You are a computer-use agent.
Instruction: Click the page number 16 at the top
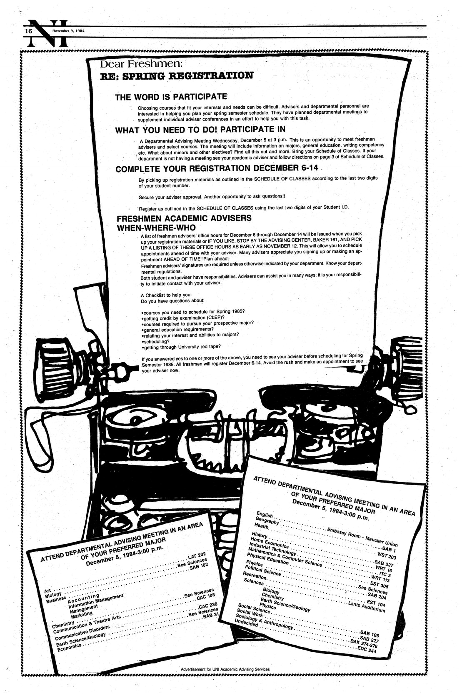tap(28, 31)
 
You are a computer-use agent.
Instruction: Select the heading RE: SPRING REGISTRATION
tap(177, 76)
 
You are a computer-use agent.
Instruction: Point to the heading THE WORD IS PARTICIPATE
tap(170, 97)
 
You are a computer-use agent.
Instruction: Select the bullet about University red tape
tap(180, 346)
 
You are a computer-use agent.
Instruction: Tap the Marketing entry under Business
tap(81, 615)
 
